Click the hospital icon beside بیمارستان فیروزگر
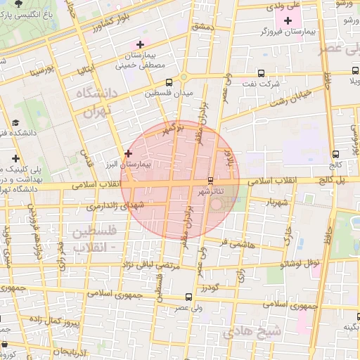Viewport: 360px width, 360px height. point(288,20)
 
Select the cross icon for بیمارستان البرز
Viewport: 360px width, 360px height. point(128,153)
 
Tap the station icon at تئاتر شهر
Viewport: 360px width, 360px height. point(210,181)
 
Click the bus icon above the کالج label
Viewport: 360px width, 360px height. point(335,155)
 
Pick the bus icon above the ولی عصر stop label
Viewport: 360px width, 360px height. point(188,297)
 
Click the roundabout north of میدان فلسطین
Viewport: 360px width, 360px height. point(184,77)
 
